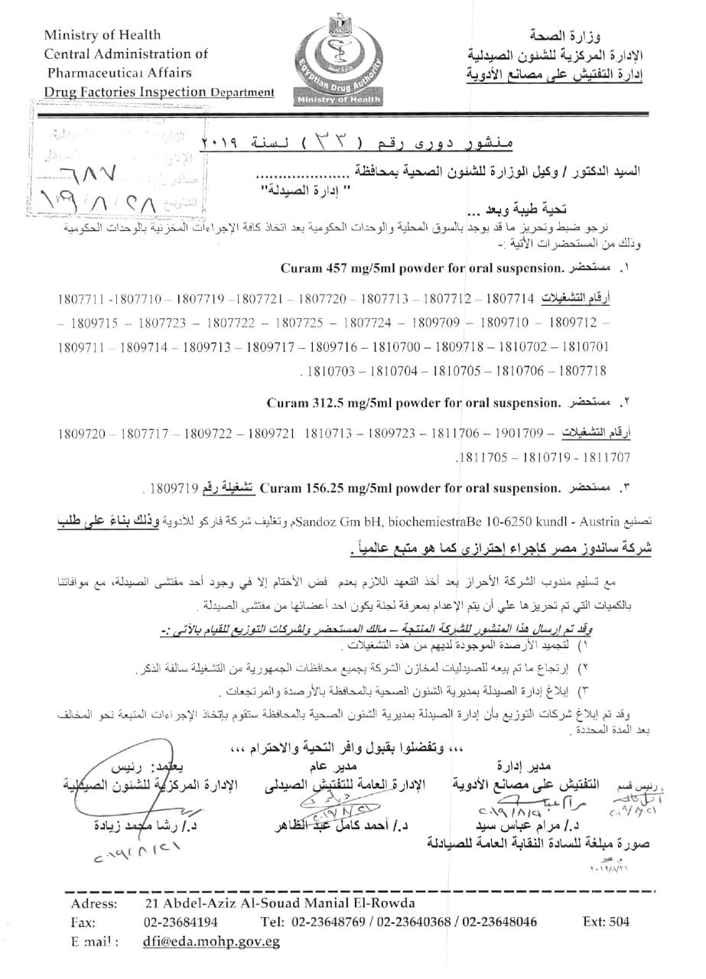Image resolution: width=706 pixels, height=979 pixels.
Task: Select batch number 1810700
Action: point(399,346)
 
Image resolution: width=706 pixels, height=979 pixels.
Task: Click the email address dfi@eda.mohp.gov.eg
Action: point(211,942)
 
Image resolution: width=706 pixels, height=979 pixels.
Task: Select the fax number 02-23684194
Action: point(181,922)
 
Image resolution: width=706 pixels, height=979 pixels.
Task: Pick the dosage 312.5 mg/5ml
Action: point(348,402)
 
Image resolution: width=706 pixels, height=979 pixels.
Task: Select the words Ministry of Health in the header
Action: point(102,34)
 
